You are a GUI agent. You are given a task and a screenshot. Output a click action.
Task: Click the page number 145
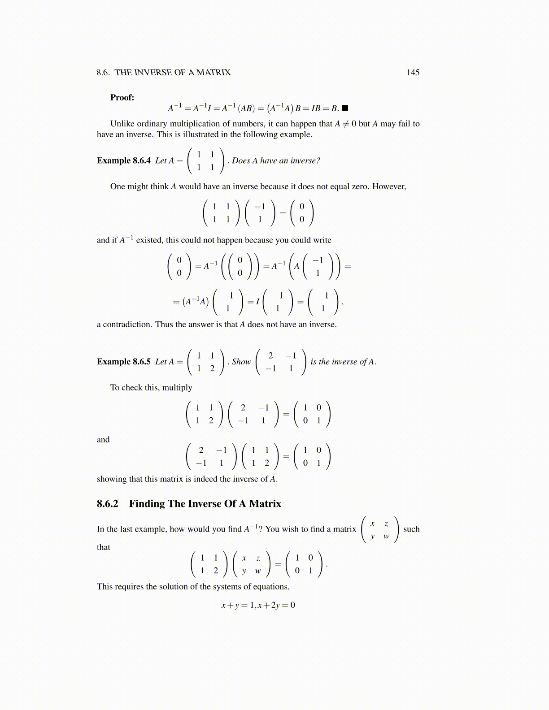[413, 73]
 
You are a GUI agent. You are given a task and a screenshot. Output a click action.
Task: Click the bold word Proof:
[122, 98]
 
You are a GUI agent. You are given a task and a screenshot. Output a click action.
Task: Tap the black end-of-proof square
[345, 108]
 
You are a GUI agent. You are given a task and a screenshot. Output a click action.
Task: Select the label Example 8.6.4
[124, 160]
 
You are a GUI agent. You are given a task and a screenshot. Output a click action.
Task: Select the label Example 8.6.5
[124, 362]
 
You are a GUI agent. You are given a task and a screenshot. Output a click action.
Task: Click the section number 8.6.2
[107, 504]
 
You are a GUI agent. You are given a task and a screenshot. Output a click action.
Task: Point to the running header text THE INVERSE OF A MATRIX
[173, 73]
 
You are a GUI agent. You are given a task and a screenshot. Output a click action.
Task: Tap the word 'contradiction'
[127, 325]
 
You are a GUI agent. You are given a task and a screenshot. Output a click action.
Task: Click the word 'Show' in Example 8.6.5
[241, 362]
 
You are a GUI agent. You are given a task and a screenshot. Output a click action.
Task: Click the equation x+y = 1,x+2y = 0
[258, 605]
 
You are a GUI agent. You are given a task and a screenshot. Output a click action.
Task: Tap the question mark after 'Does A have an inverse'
[318, 160]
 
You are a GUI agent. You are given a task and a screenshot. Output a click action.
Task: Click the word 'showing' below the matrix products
[112, 479]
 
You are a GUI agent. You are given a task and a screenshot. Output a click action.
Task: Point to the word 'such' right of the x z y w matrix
[411, 529]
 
